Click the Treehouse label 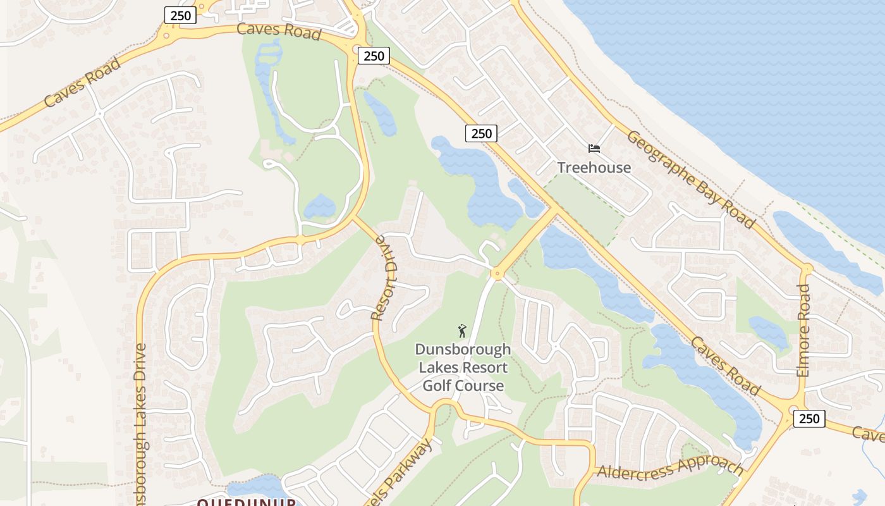click(594, 168)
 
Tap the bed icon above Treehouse click(594, 149)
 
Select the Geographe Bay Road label click(691, 180)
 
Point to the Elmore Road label click(803, 330)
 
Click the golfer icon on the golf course click(463, 331)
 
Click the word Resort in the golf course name click(485, 367)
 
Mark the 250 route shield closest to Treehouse click(481, 133)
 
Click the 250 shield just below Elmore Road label click(809, 418)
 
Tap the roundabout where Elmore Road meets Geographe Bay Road click(806, 269)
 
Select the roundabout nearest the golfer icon click(497, 274)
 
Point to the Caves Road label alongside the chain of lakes click(725, 366)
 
